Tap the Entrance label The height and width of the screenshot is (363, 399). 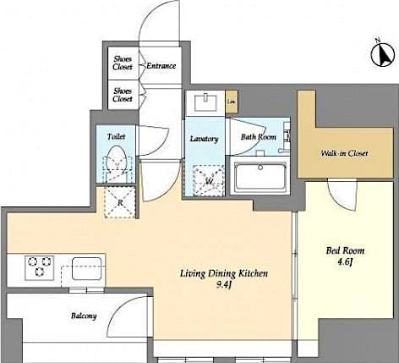(x=161, y=66)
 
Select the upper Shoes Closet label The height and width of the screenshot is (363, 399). (x=123, y=63)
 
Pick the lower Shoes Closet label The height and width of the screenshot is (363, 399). (x=123, y=95)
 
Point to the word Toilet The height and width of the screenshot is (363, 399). (x=116, y=136)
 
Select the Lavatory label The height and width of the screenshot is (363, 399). (x=205, y=139)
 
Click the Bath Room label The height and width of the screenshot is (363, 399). (x=258, y=137)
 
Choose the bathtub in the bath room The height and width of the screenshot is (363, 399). (x=261, y=177)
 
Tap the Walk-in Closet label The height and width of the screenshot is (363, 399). (x=343, y=153)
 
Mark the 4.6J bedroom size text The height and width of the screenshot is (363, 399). (x=344, y=264)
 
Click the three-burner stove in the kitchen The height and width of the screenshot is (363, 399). (x=39, y=267)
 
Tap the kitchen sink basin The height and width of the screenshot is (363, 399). (x=85, y=267)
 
